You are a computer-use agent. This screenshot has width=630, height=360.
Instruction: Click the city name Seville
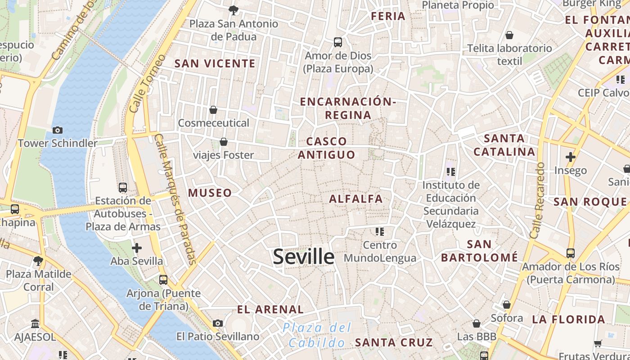304,257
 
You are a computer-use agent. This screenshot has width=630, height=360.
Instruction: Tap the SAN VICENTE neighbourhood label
215,63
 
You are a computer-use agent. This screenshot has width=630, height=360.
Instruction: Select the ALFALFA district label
356,199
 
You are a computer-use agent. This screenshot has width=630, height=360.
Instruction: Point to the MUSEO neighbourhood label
210,193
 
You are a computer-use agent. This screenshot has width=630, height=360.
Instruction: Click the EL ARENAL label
270,310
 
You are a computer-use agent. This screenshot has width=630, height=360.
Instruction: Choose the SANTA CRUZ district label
394,342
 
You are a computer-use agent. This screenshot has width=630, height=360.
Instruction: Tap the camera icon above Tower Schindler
58,130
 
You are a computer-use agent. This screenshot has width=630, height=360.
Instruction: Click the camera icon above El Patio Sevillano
218,323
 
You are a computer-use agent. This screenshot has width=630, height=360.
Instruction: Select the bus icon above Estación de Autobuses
122,187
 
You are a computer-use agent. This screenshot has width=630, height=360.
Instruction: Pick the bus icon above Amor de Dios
338,42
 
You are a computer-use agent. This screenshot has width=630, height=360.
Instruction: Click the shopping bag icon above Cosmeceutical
213,110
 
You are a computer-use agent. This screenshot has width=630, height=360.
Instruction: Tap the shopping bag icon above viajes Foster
223,142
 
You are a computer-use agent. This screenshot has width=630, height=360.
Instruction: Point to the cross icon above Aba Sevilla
137,247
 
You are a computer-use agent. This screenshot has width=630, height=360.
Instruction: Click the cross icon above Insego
571,157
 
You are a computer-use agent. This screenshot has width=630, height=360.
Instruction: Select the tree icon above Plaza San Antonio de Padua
233,10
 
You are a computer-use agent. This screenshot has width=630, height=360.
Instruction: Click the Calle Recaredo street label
538,200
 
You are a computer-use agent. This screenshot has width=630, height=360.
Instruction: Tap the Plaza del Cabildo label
317,335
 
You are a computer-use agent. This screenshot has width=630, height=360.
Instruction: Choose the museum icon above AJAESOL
35,324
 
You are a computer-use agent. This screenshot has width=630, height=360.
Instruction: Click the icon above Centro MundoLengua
380,232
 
